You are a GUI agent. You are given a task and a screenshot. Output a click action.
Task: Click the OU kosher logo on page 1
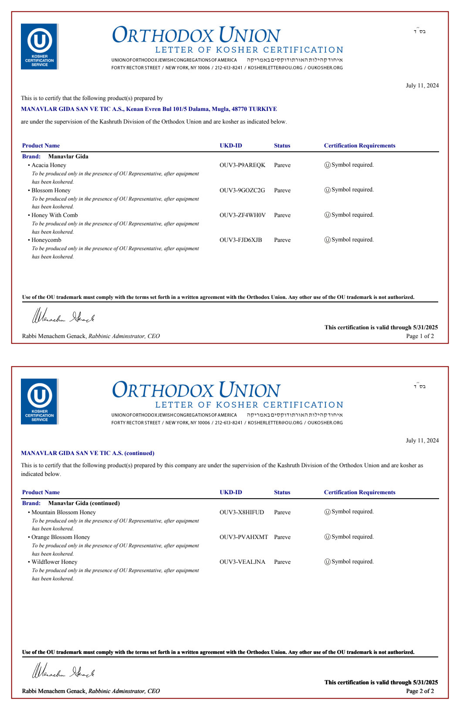click(x=39, y=46)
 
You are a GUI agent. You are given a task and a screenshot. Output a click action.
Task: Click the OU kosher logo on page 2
click(x=39, y=401)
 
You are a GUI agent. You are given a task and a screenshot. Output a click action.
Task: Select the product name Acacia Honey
click(x=49, y=165)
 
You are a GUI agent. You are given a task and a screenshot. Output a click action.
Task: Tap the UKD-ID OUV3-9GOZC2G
click(x=242, y=191)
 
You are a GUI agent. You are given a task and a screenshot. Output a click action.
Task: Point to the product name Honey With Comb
click(x=54, y=215)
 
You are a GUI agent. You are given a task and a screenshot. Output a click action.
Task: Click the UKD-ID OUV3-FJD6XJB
click(x=241, y=240)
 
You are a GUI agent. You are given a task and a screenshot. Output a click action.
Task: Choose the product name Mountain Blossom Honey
click(x=64, y=512)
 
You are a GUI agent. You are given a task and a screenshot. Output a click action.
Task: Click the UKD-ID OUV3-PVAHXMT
click(x=244, y=537)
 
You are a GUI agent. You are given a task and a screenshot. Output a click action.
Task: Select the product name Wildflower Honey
click(x=54, y=562)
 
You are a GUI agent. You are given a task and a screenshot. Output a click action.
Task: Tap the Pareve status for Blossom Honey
click(x=282, y=191)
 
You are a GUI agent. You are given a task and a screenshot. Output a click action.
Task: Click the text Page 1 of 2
click(x=420, y=336)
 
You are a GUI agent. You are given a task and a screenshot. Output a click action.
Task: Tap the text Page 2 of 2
click(x=420, y=691)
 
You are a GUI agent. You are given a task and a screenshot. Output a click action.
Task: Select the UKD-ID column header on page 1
click(x=231, y=146)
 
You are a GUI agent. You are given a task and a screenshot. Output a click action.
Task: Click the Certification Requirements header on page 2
click(x=360, y=492)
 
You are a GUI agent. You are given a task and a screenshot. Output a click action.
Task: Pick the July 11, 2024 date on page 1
click(x=422, y=86)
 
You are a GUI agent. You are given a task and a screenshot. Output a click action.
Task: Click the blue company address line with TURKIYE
click(x=149, y=109)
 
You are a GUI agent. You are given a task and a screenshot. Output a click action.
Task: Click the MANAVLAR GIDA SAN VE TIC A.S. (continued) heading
click(x=88, y=453)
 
